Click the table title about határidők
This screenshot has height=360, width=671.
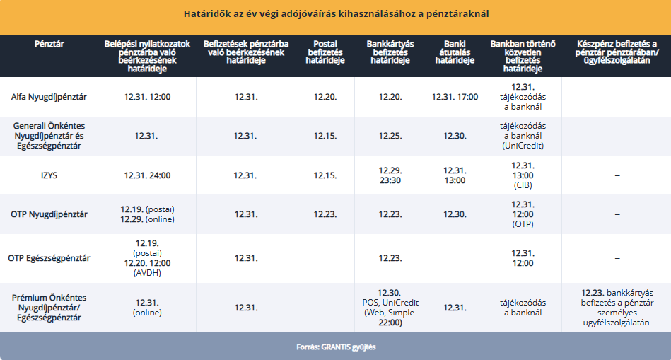pos(335,13)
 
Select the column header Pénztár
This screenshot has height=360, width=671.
pos(49,44)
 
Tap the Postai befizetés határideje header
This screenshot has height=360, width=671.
pos(325,52)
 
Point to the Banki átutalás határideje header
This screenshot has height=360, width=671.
pos(454,52)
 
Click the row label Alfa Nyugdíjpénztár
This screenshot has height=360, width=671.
pos(49,96)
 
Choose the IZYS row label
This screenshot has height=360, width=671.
pos(49,175)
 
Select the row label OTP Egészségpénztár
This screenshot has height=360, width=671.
pos(49,257)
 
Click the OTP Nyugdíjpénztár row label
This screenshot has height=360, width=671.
pos(49,214)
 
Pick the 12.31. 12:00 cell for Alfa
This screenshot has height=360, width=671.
pos(147,96)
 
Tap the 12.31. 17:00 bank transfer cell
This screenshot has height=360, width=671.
pos(455,96)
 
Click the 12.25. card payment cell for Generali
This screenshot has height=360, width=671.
pos(390,135)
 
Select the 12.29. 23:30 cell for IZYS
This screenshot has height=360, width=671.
pos(390,175)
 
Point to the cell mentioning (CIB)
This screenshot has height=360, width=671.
pos(523,175)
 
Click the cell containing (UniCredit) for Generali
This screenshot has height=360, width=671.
pos(523,135)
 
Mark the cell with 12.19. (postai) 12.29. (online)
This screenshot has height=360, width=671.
pos(147,214)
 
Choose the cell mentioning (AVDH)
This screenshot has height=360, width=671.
pos(147,257)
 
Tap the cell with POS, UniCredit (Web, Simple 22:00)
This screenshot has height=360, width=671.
pos(390,308)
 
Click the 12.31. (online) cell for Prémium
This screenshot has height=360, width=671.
pos(147,308)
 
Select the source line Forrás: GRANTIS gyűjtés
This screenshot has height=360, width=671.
pos(335,347)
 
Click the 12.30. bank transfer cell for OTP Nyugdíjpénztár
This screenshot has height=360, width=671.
pos(455,214)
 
